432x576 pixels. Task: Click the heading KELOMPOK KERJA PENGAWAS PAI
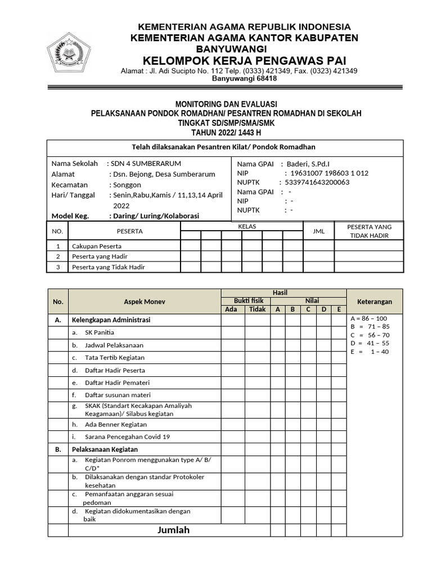point(244,60)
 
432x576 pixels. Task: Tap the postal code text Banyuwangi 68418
point(244,79)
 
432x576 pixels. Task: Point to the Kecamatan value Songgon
point(127,184)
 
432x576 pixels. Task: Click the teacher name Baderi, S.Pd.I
point(308,164)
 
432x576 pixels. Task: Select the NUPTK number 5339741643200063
point(317,182)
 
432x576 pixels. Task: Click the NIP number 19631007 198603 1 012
point(326,173)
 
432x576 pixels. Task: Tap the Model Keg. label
point(70,216)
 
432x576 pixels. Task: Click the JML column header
point(318,231)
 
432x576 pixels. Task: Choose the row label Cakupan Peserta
point(96,246)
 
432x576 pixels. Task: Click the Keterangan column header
point(375,301)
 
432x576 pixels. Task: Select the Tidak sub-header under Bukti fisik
point(257,309)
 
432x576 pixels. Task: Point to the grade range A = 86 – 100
point(369,318)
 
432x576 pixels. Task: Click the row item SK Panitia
point(100,332)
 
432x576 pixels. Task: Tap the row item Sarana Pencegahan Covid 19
point(127,436)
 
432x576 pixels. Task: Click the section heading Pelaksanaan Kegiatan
point(104,449)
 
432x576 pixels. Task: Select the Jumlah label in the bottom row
point(173,530)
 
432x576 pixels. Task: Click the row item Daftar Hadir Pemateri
point(115,382)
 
